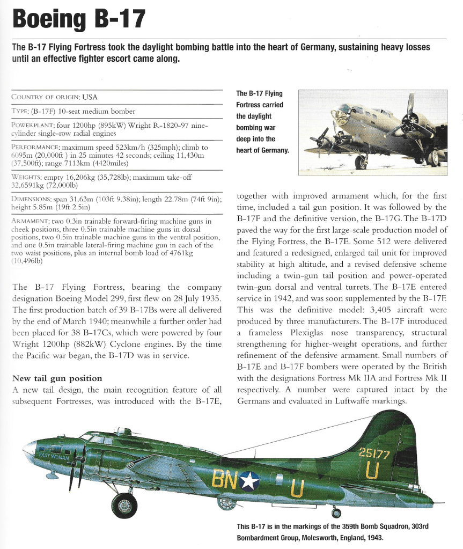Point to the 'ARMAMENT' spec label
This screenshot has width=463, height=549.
click(31, 221)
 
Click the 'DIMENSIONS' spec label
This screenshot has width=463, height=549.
click(32, 199)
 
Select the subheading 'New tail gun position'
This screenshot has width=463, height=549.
click(57, 378)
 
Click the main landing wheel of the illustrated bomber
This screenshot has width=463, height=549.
click(124, 506)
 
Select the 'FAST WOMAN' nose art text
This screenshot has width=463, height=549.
click(52, 456)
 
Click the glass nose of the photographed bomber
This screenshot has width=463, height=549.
click(340, 116)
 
